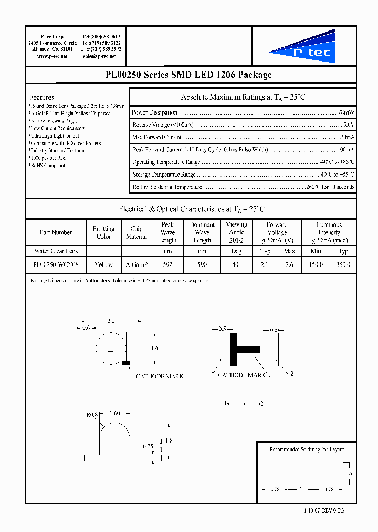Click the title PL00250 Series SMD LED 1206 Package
pos(188,75)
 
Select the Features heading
pos(42,97)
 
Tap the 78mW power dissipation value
pos(346,112)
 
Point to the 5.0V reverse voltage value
pos(348,125)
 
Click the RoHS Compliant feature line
pos(48,166)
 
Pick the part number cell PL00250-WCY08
pos(56,265)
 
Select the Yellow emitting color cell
pos(103,265)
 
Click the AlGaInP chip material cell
pos(136,265)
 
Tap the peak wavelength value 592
pos(167,265)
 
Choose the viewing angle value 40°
pos(236,265)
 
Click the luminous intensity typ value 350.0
pos(343,265)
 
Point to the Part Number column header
pos(56,232)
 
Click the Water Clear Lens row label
pos(56,251)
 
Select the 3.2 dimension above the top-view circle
pos(111,320)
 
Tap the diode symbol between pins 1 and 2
pos(242,404)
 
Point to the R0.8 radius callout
pos(92,415)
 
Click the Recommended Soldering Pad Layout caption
pos(306,449)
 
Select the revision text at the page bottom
pos(324,511)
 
